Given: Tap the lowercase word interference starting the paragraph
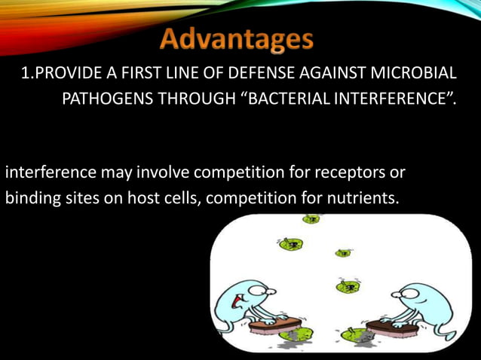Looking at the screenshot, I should (50, 172).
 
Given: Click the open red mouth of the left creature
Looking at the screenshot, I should (237, 302).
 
